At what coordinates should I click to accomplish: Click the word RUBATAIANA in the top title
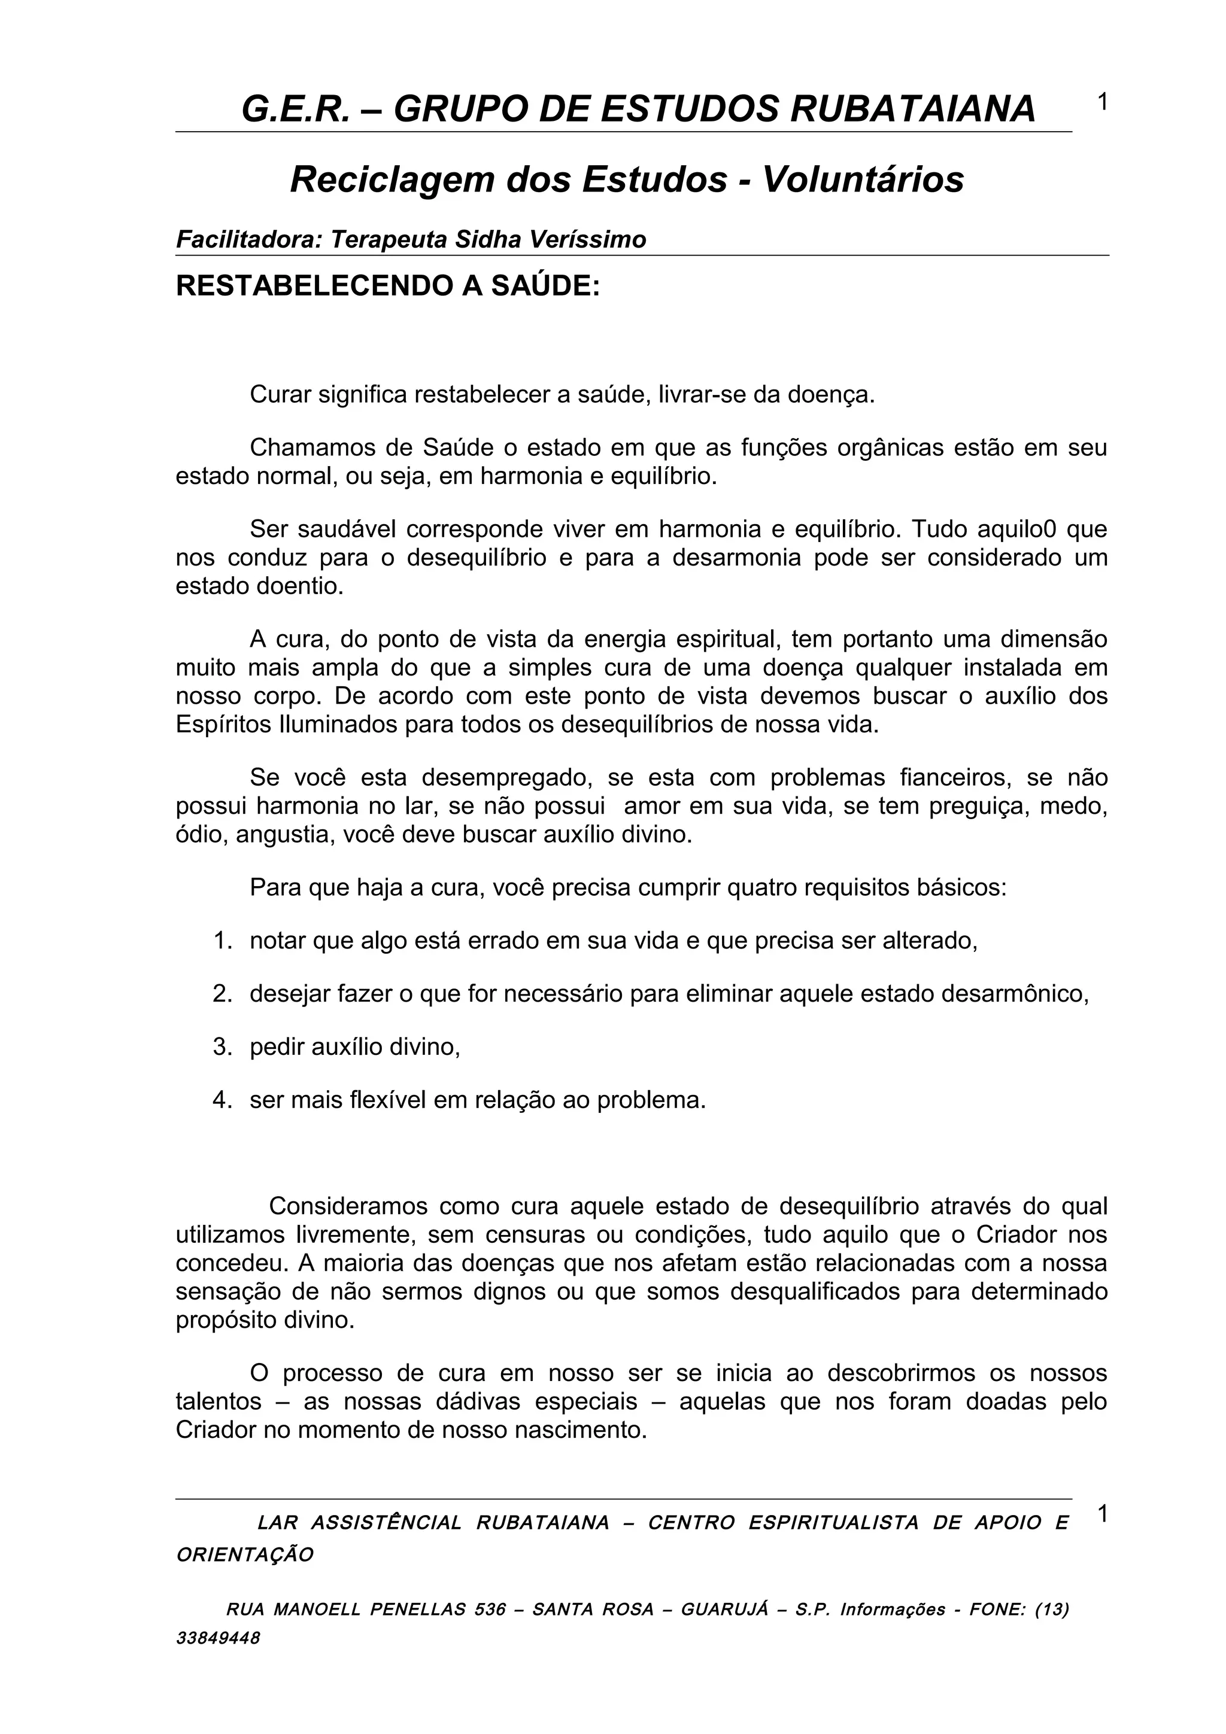point(912,109)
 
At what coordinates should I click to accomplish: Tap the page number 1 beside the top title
point(1102,101)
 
